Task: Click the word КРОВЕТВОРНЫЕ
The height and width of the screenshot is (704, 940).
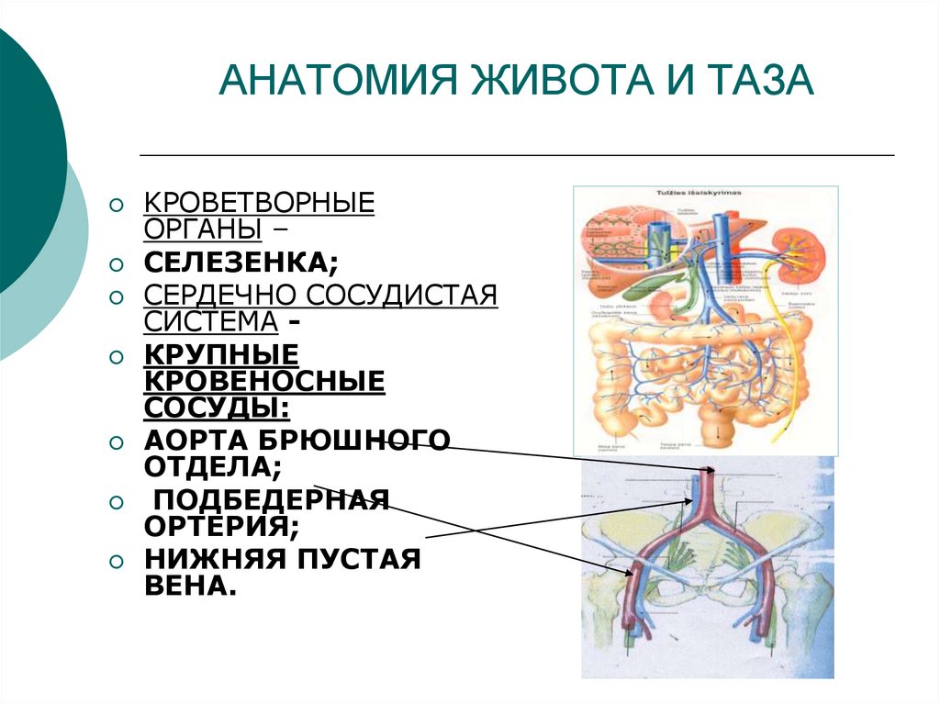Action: [x=259, y=202]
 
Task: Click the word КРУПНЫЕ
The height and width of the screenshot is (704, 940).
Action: [x=220, y=354]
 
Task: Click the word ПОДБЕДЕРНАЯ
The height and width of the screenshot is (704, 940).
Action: [x=271, y=501]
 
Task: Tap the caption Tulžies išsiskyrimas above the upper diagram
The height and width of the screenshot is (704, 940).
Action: [x=699, y=194]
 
